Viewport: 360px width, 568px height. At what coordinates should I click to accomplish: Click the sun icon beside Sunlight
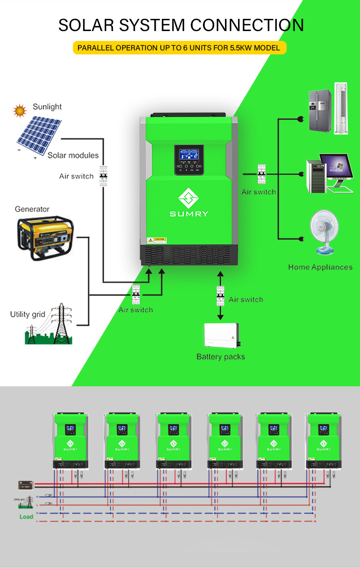click(x=19, y=110)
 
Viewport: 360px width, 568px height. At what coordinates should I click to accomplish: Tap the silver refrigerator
click(x=319, y=111)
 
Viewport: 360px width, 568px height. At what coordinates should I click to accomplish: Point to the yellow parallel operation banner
click(x=180, y=48)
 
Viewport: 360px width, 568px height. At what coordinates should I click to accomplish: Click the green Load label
click(x=26, y=517)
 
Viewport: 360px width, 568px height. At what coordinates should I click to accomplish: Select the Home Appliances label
click(x=320, y=267)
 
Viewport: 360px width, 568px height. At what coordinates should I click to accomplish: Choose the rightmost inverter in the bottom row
click(x=323, y=438)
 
